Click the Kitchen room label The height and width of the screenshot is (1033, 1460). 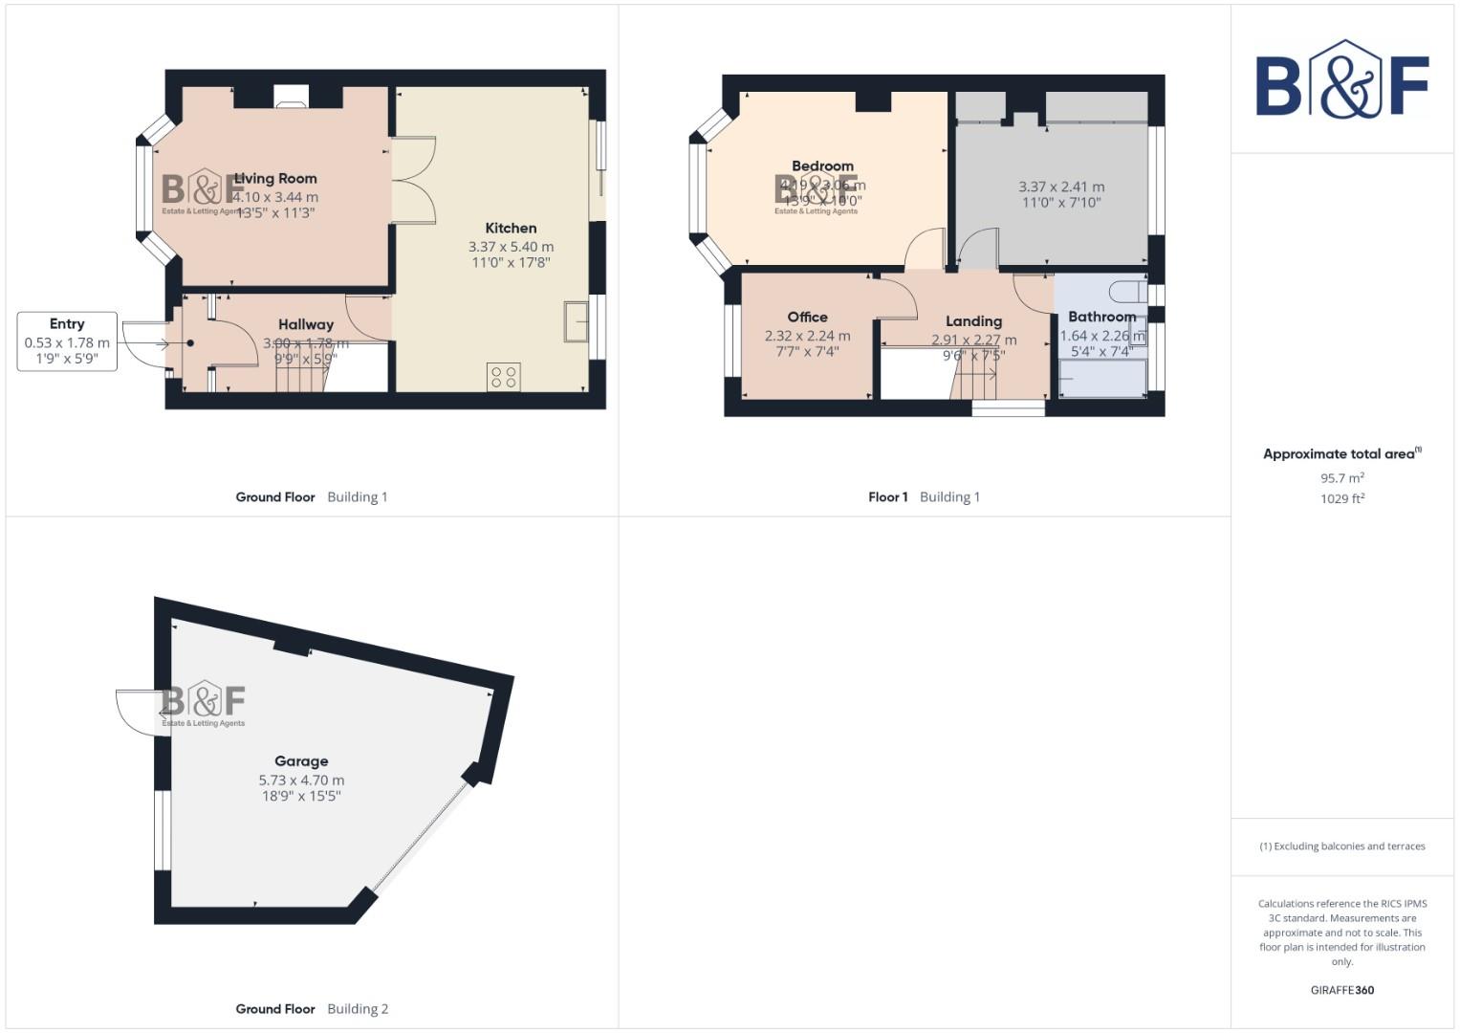pyautogui.click(x=511, y=229)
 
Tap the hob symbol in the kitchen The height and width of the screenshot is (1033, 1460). pyautogui.click(x=505, y=376)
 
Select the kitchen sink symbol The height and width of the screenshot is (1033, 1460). pyautogui.click(x=577, y=321)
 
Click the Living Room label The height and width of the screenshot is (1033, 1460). pyautogui.click(x=275, y=179)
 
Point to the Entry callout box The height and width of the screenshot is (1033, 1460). pyautogui.click(x=67, y=341)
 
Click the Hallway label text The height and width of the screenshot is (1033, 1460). pyautogui.click(x=306, y=325)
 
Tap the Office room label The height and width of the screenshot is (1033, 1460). pyautogui.click(x=807, y=318)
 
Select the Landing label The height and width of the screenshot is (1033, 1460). pyautogui.click(x=973, y=322)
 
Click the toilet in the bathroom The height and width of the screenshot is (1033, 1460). pyautogui.click(x=1128, y=290)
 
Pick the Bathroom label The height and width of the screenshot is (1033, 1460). pyautogui.click(x=1101, y=317)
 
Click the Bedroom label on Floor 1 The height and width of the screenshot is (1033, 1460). pyautogui.click(x=822, y=166)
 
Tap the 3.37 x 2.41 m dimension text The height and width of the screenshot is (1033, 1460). pyautogui.click(x=1061, y=187)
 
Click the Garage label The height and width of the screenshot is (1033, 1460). pyautogui.click(x=301, y=761)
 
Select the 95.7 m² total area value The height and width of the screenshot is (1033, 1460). pyautogui.click(x=1341, y=478)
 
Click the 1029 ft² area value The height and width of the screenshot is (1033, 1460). pyautogui.click(x=1341, y=499)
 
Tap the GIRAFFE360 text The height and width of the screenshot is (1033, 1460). pyautogui.click(x=1341, y=991)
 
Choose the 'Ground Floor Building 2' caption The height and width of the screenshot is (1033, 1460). pyautogui.click(x=312, y=1009)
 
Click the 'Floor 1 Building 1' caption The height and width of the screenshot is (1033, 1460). pyautogui.click(x=924, y=497)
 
